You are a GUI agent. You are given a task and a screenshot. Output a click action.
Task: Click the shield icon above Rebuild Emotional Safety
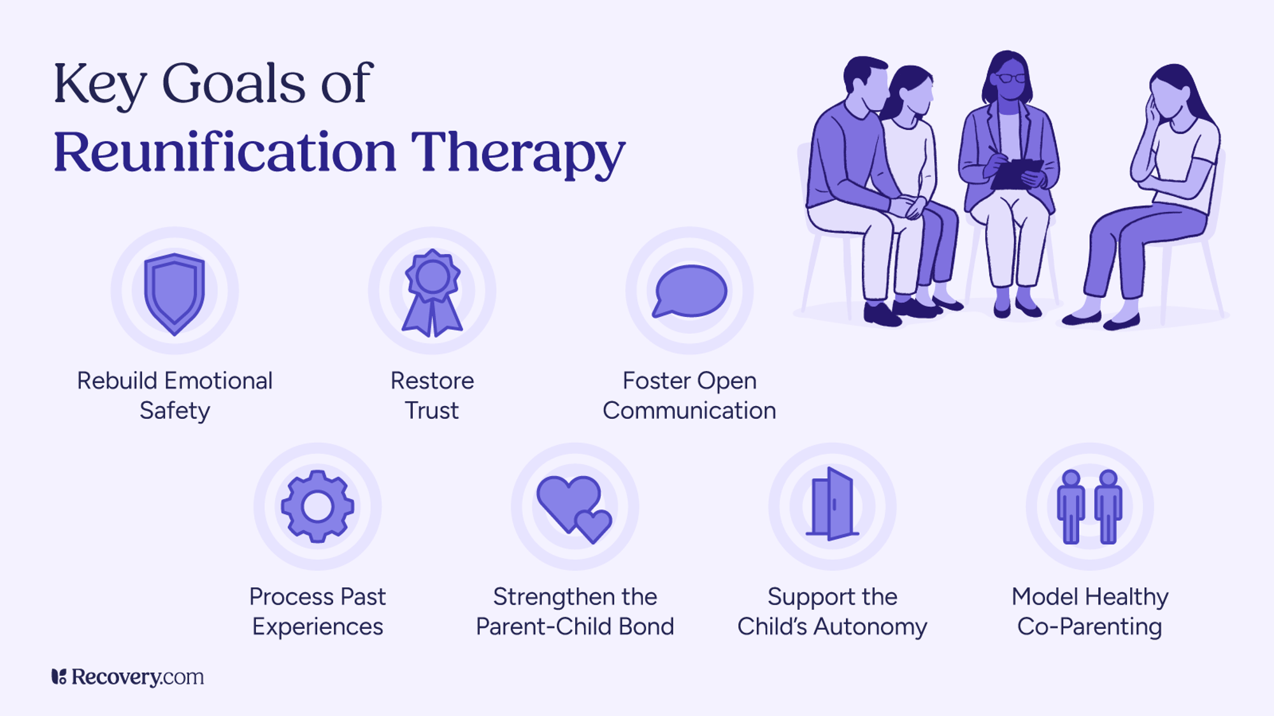pyautogui.click(x=175, y=293)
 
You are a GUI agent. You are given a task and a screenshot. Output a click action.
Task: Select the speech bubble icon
pyautogui.click(x=690, y=291)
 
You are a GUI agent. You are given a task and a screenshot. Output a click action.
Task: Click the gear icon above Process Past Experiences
pyautogui.click(x=318, y=507)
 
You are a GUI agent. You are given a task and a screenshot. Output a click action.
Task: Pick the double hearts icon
pyautogui.click(x=574, y=508)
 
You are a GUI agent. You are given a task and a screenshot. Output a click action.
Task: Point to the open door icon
pyautogui.click(x=832, y=505)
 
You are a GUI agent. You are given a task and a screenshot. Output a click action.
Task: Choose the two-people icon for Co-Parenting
pyautogui.click(x=1090, y=507)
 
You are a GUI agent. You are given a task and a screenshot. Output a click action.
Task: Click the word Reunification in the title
pyautogui.click(x=224, y=152)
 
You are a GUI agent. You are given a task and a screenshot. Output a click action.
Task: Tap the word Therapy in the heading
pyautogui.click(x=518, y=152)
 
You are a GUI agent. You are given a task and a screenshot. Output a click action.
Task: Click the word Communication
pyautogui.click(x=689, y=411)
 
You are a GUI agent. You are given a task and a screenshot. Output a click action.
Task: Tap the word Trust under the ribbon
pyautogui.click(x=432, y=411)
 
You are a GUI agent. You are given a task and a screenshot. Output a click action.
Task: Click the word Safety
pyautogui.click(x=175, y=411)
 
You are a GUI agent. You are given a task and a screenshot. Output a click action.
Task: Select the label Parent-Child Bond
pyautogui.click(x=575, y=627)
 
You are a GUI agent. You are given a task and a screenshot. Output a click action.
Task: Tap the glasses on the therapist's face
pyautogui.click(x=1011, y=78)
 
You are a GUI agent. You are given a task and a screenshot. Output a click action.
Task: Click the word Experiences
pyautogui.click(x=318, y=627)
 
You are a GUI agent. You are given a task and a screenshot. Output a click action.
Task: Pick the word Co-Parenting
pyautogui.click(x=1089, y=627)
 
